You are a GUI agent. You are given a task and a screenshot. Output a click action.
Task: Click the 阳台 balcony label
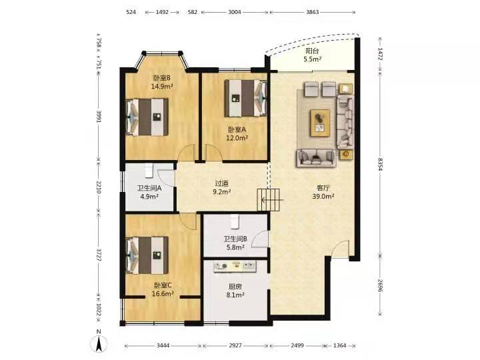coord(312,51)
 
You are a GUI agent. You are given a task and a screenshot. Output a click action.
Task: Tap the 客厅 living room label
coord(323,188)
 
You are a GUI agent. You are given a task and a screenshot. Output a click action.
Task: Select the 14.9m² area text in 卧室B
coord(163,86)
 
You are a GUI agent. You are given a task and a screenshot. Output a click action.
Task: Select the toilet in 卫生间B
coord(234,221)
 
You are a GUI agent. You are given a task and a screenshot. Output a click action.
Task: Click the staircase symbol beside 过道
coord(270,199)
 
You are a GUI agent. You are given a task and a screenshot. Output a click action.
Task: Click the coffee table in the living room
coord(322,121)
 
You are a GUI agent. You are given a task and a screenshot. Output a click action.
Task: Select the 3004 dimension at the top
coord(234,12)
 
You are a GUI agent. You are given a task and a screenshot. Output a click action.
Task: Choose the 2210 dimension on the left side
coord(99,189)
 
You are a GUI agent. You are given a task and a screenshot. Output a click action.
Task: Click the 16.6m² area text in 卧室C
coord(163,293)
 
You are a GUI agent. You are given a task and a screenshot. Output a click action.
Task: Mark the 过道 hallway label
coord(222,183)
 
